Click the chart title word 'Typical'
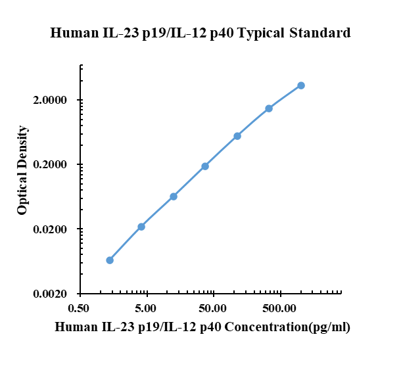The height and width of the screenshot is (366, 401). [x=260, y=33]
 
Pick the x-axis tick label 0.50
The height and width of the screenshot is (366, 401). [x=79, y=308]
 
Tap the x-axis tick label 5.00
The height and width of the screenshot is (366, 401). [x=146, y=308]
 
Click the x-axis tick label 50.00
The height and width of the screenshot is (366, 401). [x=213, y=308]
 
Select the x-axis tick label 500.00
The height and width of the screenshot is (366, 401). [x=280, y=308]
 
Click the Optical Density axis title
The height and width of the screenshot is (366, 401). [x=23, y=170]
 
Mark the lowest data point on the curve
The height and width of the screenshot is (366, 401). [x=110, y=260]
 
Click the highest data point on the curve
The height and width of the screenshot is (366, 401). [x=301, y=85]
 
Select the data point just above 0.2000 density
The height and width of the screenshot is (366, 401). [x=205, y=166]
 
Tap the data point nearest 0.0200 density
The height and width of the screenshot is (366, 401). [x=141, y=227]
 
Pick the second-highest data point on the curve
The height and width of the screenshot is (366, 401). [x=269, y=108]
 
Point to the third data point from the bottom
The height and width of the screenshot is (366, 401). [x=174, y=196]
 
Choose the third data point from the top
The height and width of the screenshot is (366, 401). [x=237, y=136]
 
